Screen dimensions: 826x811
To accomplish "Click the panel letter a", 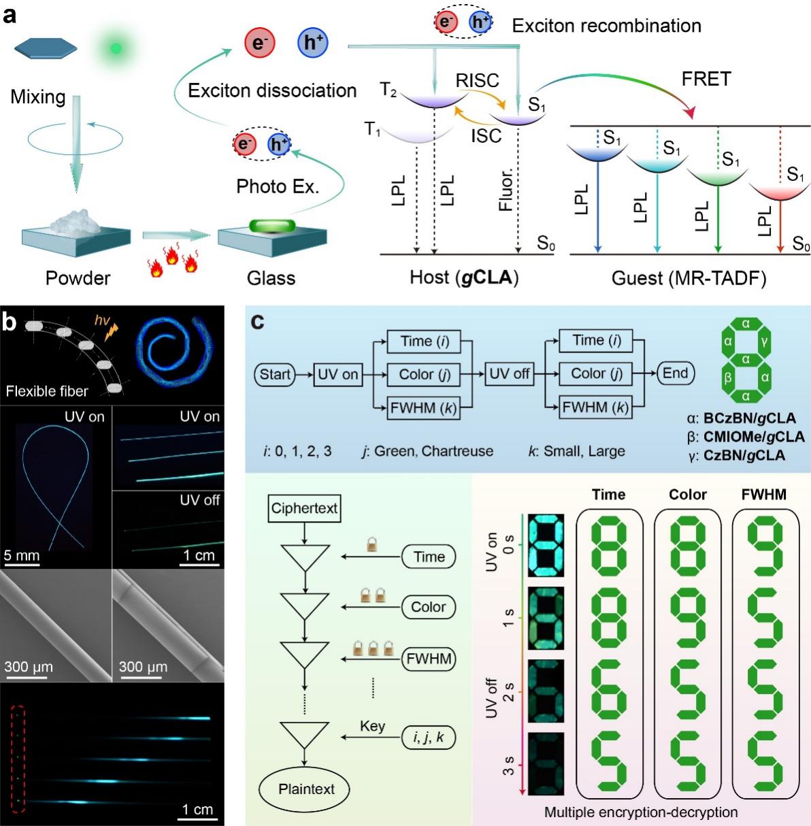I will click(10, 14).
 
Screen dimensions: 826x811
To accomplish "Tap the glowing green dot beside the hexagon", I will click(116, 48).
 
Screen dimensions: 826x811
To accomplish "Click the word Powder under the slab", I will click(78, 278).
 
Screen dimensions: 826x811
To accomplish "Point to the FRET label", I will click(706, 80).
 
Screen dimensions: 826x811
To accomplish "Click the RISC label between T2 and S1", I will click(477, 81).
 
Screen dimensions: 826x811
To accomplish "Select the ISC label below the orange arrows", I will click(486, 135).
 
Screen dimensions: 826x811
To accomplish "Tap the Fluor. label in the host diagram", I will click(506, 191).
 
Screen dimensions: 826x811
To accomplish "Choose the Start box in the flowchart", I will click(275, 374).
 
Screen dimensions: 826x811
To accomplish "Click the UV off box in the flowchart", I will click(509, 374).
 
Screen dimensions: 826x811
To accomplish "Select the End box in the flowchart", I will click(675, 373).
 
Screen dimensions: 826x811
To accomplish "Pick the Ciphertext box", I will click(304, 508).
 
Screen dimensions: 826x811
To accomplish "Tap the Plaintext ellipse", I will click(306, 789).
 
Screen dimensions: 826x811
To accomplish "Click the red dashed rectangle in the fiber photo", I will click(19, 759).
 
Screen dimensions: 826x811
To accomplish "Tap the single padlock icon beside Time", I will click(371, 545).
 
